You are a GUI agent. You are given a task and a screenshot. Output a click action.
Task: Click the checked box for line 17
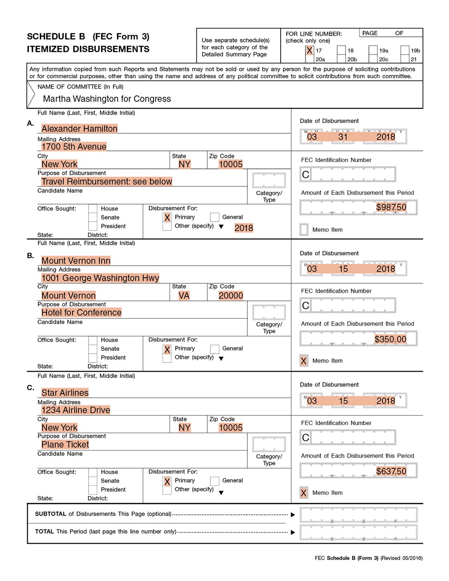pos(309,51)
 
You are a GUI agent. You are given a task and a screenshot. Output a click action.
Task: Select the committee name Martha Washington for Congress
pos(107,99)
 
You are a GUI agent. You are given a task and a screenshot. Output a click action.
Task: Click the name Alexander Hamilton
pos(79,129)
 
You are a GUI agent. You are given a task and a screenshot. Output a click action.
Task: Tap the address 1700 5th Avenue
pos(74,147)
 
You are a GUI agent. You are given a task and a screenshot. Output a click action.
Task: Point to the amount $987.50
pos(391,207)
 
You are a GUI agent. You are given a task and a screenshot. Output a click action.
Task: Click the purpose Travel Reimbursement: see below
pos(107,182)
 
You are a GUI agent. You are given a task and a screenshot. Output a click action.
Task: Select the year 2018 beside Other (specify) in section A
pos(243,228)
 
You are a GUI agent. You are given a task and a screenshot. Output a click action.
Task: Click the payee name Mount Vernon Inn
pos(76,261)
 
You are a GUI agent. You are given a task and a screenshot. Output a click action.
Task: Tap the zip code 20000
pos(231,296)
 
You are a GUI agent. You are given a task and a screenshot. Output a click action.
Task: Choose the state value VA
pos(184,296)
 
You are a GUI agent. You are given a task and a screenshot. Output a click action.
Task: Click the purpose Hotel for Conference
pos(81,313)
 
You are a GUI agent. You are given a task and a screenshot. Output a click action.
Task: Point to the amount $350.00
pos(390,339)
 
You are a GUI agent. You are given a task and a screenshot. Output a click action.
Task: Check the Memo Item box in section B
pos(304,361)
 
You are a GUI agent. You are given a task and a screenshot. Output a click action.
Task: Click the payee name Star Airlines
pos(65,393)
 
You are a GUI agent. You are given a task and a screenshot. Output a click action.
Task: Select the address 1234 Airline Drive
pos(76,410)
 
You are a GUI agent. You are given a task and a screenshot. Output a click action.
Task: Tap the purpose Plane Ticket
pos(65,445)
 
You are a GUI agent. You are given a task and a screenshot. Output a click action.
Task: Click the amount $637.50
pos(391,472)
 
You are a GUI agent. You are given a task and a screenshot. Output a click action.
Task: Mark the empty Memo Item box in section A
pos(304,230)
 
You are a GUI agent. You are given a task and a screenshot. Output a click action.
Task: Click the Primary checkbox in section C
pos(167,482)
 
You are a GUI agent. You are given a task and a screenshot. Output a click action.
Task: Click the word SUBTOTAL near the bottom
pos(51,514)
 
